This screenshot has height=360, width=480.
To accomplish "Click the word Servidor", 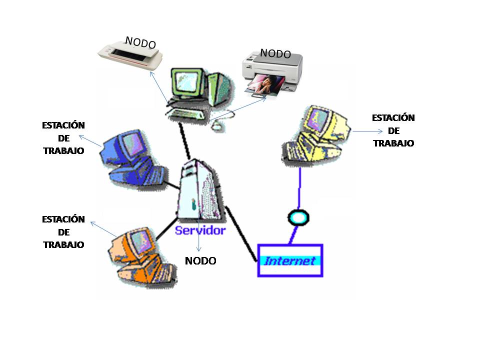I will [200, 230].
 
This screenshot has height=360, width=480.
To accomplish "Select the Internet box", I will [290, 260].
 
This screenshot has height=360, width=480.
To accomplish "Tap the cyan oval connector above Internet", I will [298, 217].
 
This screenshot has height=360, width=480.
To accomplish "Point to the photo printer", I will [272, 75].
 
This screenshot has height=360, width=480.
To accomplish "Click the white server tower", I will [200, 190].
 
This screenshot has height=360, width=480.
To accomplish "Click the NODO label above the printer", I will [275, 53].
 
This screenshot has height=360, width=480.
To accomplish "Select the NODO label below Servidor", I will [200, 261].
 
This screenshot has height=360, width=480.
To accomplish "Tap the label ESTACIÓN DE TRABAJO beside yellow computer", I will [393, 130].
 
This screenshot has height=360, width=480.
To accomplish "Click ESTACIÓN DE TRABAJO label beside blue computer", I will [63, 137].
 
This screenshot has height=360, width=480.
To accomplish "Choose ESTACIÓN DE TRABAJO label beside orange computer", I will [63, 232].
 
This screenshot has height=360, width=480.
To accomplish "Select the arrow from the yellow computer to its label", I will [367, 131].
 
